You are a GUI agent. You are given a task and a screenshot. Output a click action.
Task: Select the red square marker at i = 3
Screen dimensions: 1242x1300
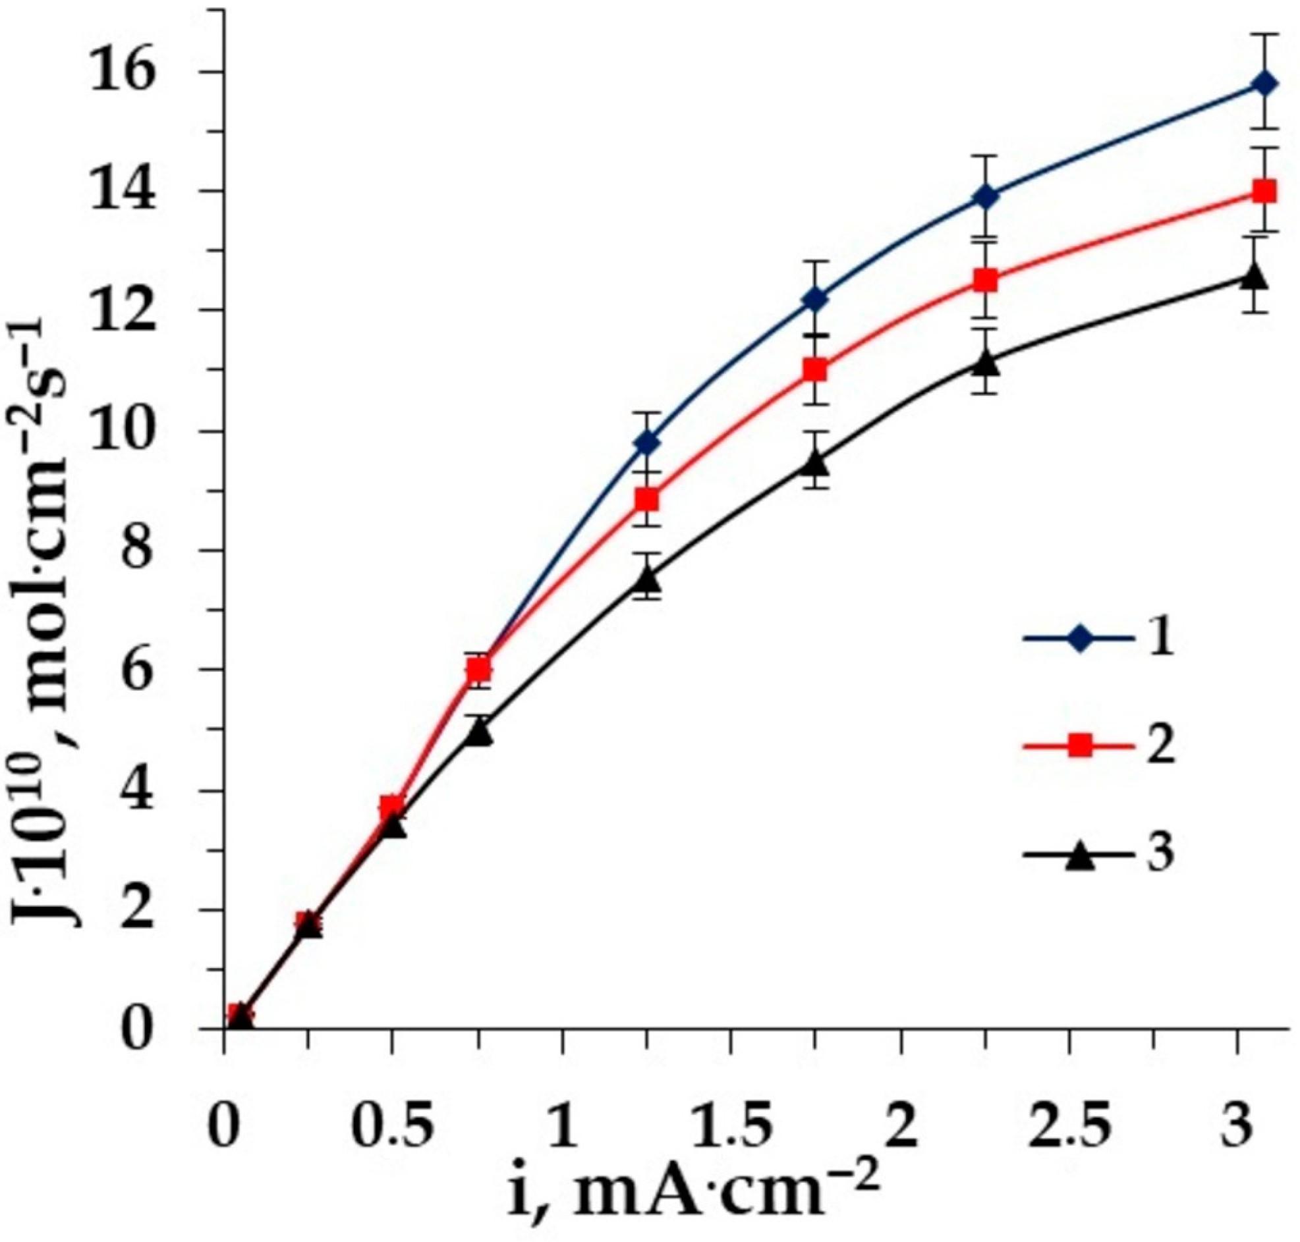click(x=1264, y=192)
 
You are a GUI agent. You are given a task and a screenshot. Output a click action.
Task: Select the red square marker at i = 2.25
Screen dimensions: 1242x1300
click(x=986, y=280)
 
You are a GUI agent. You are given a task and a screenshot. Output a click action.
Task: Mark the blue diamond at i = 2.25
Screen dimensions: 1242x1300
click(x=986, y=197)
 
